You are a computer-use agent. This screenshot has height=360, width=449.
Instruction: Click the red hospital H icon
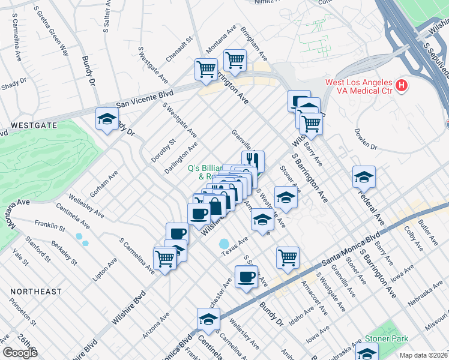[x=402, y=87]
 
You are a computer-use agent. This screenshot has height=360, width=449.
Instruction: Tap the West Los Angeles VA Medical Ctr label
[x=358, y=86]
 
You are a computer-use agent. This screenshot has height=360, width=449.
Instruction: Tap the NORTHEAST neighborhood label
[x=35, y=292]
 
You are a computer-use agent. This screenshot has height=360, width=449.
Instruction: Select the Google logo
[x=20, y=353]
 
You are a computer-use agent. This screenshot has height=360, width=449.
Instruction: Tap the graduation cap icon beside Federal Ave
[x=364, y=178]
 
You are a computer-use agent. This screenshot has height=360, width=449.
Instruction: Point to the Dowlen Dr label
[x=365, y=139]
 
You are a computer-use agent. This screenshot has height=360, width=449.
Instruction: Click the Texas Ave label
[x=235, y=247]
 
